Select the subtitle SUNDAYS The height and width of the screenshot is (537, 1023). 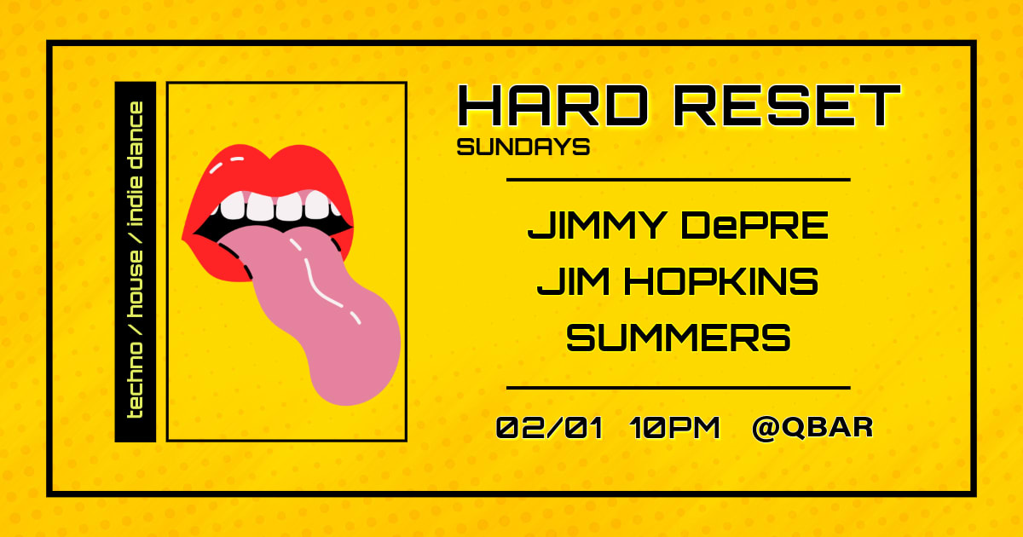coord(523,147)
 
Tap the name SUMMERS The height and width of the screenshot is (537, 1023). coord(679,338)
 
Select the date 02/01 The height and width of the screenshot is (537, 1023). coord(549,427)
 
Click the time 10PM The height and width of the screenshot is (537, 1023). coord(675,427)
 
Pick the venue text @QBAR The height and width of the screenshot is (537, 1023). coord(812,427)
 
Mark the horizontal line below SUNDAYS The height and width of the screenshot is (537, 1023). coord(679,180)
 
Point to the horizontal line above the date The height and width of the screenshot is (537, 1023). coord(679,388)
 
